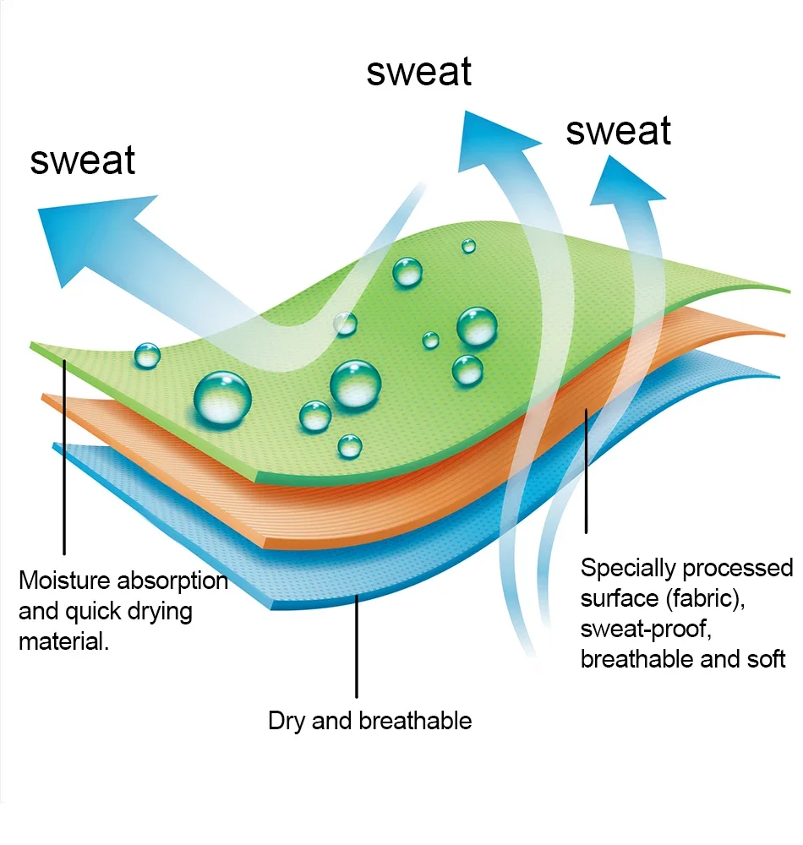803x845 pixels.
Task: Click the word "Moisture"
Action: click(x=65, y=581)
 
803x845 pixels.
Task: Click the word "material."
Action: click(x=63, y=641)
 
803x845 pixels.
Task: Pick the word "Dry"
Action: click(x=286, y=722)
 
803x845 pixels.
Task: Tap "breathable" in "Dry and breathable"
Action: click(x=416, y=721)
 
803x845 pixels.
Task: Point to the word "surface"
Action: click(x=619, y=599)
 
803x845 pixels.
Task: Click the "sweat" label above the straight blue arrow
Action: click(x=83, y=160)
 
